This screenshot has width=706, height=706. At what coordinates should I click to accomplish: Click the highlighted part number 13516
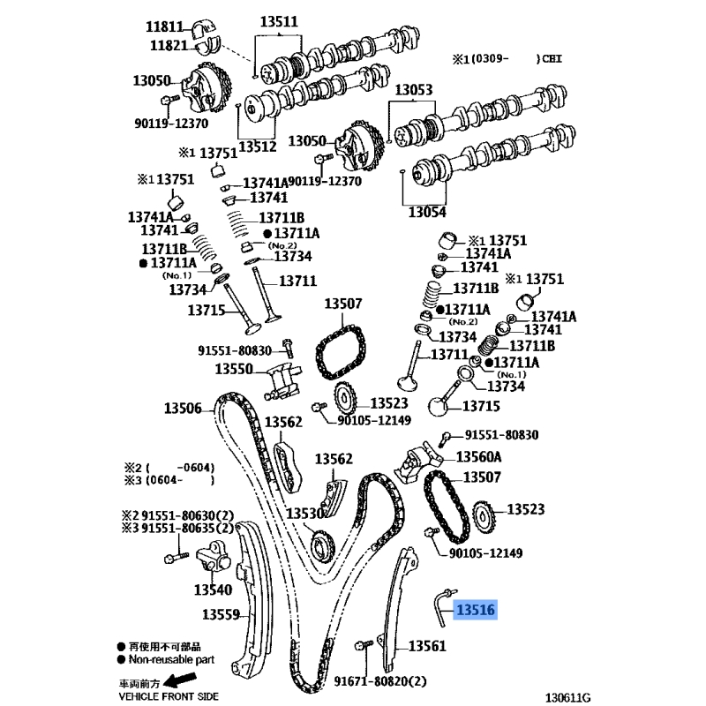pos(476,610)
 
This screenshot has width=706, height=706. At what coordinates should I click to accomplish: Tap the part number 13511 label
pos(279,21)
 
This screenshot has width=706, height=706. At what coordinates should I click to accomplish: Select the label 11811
pos(164,26)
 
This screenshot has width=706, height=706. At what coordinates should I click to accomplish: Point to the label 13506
pos(183,409)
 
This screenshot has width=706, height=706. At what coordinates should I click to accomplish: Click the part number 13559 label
pos(221,614)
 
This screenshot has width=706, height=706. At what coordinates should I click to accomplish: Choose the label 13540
pos(213,590)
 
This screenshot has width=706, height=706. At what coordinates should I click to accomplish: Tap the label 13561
pos(427,646)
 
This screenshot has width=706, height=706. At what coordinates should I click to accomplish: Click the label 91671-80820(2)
pos(380,681)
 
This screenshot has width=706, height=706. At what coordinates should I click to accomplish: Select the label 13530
pos(305,514)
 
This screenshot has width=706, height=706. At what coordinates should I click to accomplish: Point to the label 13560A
pos(478,457)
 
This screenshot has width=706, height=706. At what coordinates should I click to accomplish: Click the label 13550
pos(234,369)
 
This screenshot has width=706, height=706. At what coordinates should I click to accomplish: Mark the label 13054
pos(427,212)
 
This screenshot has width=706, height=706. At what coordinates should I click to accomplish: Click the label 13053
pos(414,90)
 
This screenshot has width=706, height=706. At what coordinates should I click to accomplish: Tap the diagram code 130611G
pos(567,697)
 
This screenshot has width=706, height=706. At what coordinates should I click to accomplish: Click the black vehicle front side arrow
pos(179,679)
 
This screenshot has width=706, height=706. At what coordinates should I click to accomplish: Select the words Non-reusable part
pos(171,659)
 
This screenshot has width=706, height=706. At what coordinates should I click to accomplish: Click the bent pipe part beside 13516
pos(443,605)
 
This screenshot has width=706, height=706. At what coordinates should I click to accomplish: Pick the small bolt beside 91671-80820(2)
pos(364,645)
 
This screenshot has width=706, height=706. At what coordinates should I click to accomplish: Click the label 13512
pos(257,146)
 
